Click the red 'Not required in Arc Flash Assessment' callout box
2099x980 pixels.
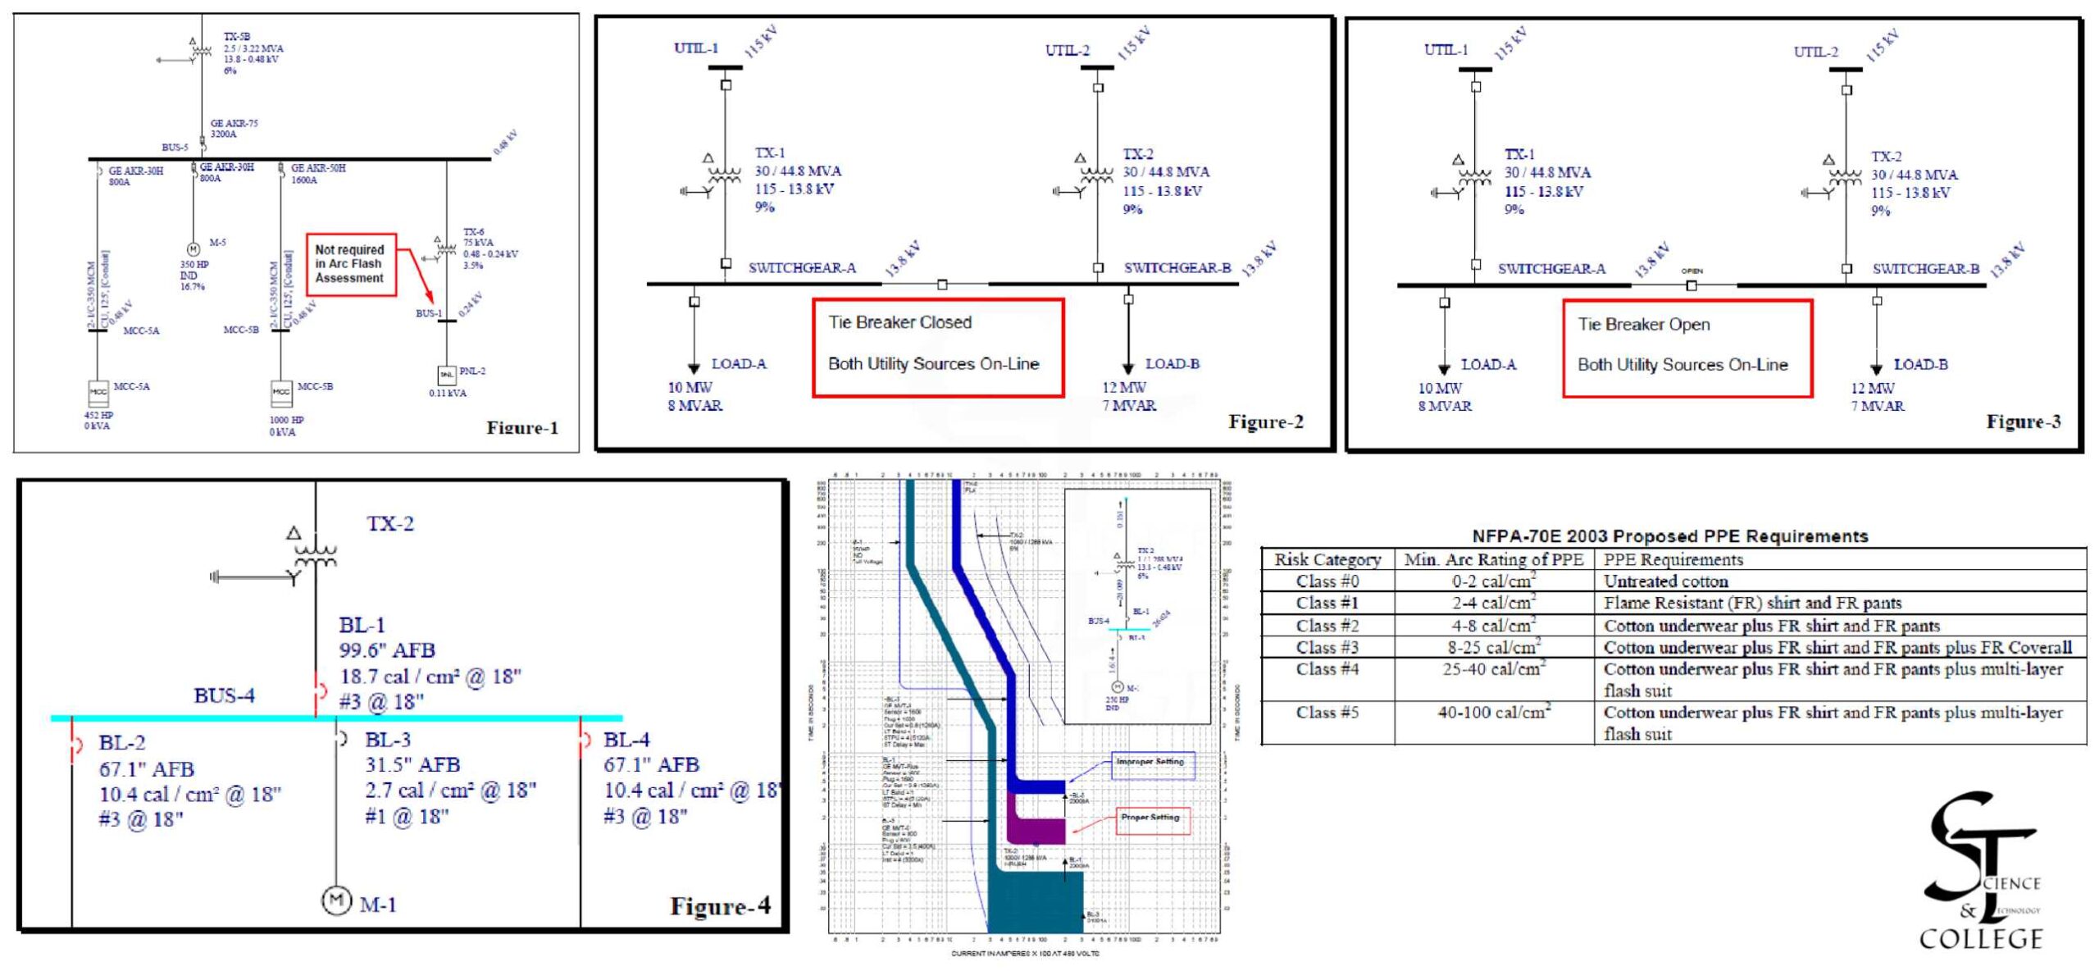click(x=350, y=264)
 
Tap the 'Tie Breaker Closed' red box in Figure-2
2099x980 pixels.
click(x=937, y=348)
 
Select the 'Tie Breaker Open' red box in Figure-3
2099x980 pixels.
click(x=1687, y=349)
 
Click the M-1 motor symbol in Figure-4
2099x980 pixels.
click(x=335, y=900)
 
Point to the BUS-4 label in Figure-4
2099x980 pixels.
click(x=224, y=695)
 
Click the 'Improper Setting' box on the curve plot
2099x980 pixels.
click(x=1152, y=763)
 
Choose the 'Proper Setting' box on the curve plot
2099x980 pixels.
click(x=1153, y=819)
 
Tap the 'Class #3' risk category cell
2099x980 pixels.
click(x=1327, y=647)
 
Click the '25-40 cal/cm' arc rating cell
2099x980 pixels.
click(x=1493, y=669)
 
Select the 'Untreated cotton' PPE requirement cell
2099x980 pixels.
click(x=1665, y=581)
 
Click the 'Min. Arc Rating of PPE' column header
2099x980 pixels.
click(x=1493, y=559)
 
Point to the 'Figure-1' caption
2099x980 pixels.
click(x=521, y=427)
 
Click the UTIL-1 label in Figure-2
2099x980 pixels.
click(x=695, y=48)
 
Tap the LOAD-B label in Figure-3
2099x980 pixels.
click(x=1920, y=364)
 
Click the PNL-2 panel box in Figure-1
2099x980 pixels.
click(x=447, y=374)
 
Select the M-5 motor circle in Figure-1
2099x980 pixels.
click(x=194, y=248)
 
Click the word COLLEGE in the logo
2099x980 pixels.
click(x=1980, y=938)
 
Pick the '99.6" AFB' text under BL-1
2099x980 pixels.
click(x=387, y=651)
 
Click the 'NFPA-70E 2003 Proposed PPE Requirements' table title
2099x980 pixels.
click(x=1669, y=536)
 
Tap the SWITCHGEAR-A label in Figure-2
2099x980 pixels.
click(x=801, y=268)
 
